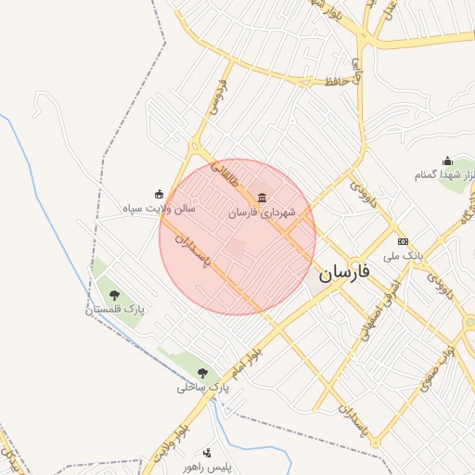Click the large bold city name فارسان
tap(344, 274)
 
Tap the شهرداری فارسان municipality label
tap(263, 213)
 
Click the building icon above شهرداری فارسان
tap(263, 197)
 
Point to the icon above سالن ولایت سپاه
tap(160, 194)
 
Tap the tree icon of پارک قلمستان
tap(114, 295)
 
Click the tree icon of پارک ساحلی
tap(202, 373)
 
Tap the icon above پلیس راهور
tap(207, 453)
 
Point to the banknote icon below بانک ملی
tap(404, 267)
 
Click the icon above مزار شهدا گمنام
tap(447, 160)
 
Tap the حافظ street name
tap(337, 82)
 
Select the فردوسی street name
tap(221, 96)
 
